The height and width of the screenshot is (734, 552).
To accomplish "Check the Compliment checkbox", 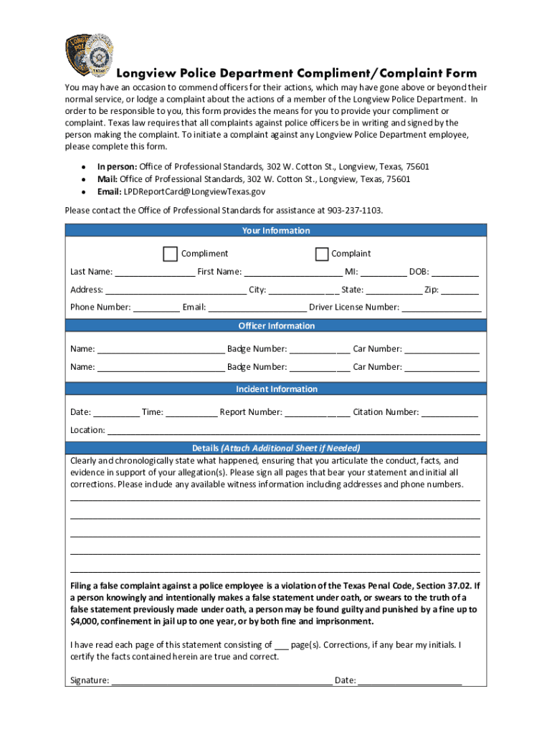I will (171, 254).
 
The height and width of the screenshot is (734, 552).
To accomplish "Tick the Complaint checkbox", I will (321, 254).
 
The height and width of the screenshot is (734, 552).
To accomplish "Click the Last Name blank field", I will (154, 272).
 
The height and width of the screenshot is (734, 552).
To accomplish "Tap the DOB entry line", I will (455, 272).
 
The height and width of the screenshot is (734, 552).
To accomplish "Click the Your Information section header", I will (276, 231).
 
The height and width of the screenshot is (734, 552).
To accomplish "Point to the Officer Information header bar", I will (276, 326).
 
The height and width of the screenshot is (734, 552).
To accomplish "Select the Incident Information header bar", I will (276, 389).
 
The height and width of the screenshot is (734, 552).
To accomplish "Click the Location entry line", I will (293, 432).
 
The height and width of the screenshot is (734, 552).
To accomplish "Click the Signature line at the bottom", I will (222, 682).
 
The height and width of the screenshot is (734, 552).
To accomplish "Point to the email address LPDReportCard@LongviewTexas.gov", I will (194, 192).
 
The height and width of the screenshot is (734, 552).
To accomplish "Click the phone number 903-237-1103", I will (355, 211).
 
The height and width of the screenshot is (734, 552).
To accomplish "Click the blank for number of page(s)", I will (282, 646).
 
